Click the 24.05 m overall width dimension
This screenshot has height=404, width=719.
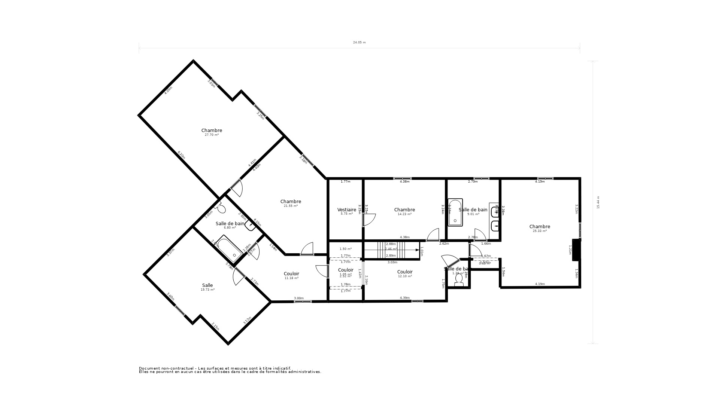click(x=359, y=43)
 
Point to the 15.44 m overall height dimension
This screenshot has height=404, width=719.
click(x=598, y=202)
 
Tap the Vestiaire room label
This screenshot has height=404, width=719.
click(x=346, y=210)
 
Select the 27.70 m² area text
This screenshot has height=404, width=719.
click(x=212, y=135)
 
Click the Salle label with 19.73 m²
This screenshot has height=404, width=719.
click(x=207, y=285)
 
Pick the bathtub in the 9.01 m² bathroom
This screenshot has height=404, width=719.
click(x=455, y=212)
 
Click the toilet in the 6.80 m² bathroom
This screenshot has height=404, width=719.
click(x=221, y=208)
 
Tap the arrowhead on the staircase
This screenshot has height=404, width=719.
click(x=417, y=250)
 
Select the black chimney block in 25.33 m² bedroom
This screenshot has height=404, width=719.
click(x=576, y=250)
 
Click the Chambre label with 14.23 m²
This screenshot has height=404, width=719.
click(x=404, y=210)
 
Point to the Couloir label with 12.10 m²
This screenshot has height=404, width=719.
click(x=405, y=272)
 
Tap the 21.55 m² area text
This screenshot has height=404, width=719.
click(x=291, y=206)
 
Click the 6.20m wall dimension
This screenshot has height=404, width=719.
click(x=181, y=155)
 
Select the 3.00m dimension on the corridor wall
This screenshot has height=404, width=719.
click(x=298, y=298)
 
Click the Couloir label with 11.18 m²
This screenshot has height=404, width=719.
click(x=291, y=274)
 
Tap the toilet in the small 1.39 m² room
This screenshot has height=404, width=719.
click(x=459, y=283)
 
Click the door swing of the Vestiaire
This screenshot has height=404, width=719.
click(x=369, y=220)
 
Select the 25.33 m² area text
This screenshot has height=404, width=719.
click(x=540, y=231)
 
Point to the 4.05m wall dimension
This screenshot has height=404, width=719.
click(x=169, y=91)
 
